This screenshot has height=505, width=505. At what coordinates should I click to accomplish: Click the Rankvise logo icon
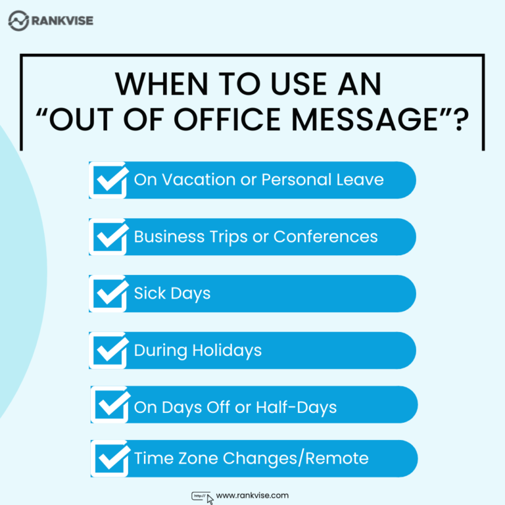point(18,20)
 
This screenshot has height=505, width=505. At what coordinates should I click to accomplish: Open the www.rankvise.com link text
point(252,496)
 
